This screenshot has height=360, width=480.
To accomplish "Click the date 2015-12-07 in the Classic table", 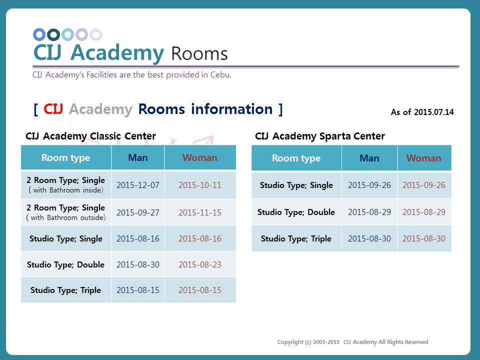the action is click(x=138, y=185).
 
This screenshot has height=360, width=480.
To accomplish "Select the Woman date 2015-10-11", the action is click(x=200, y=185).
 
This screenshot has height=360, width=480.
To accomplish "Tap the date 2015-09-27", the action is click(x=138, y=212).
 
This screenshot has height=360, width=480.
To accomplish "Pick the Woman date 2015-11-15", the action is click(x=200, y=212).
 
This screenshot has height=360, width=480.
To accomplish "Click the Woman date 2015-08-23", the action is click(x=200, y=264).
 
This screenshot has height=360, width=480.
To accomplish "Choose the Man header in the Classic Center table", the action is click(x=138, y=157).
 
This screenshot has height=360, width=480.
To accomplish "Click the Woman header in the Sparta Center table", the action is click(x=423, y=158).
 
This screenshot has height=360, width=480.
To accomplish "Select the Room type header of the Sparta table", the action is click(x=296, y=158).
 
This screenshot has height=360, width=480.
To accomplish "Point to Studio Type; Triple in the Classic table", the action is click(x=65, y=290).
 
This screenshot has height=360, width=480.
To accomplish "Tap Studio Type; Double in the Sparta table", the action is click(x=296, y=212).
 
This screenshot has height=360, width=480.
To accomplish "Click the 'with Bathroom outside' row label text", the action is click(x=66, y=217).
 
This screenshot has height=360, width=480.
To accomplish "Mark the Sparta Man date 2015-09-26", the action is click(x=369, y=185).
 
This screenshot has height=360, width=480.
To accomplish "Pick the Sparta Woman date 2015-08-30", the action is click(x=423, y=238).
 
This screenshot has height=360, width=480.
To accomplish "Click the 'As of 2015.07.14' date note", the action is click(x=422, y=112).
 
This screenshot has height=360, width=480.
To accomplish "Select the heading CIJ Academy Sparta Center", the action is click(x=320, y=136).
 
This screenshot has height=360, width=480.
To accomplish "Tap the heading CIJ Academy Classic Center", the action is click(x=90, y=136).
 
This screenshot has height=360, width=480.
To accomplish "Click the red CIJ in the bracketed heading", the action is click(x=53, y=109).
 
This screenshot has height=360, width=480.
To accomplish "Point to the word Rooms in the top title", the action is click(x=199, y=54).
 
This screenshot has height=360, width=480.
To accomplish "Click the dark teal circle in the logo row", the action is click(x=53, y=34).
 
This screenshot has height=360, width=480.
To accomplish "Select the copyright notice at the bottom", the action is click(x=352, y=342).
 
